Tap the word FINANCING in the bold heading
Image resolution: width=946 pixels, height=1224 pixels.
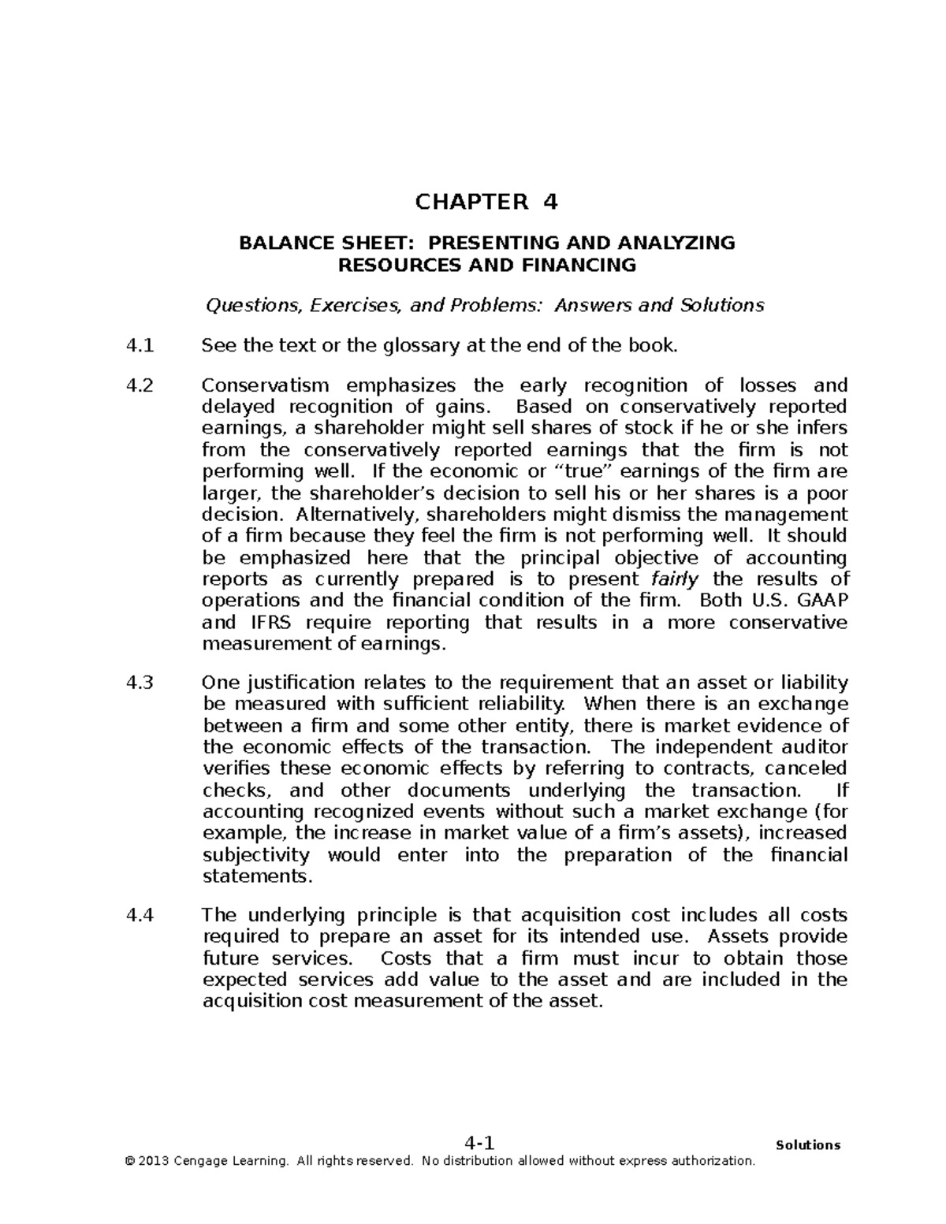click(580, 265)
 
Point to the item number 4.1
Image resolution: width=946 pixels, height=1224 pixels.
click(140, 345)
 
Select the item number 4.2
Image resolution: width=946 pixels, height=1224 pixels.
click(140, 385)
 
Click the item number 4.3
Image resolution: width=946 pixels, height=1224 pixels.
click(140, 683)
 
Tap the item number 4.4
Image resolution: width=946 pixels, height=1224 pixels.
click(140, 915)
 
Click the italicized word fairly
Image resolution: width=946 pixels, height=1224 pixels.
click(674, 579)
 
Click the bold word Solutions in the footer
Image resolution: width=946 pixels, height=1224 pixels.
click(808, 1145)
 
